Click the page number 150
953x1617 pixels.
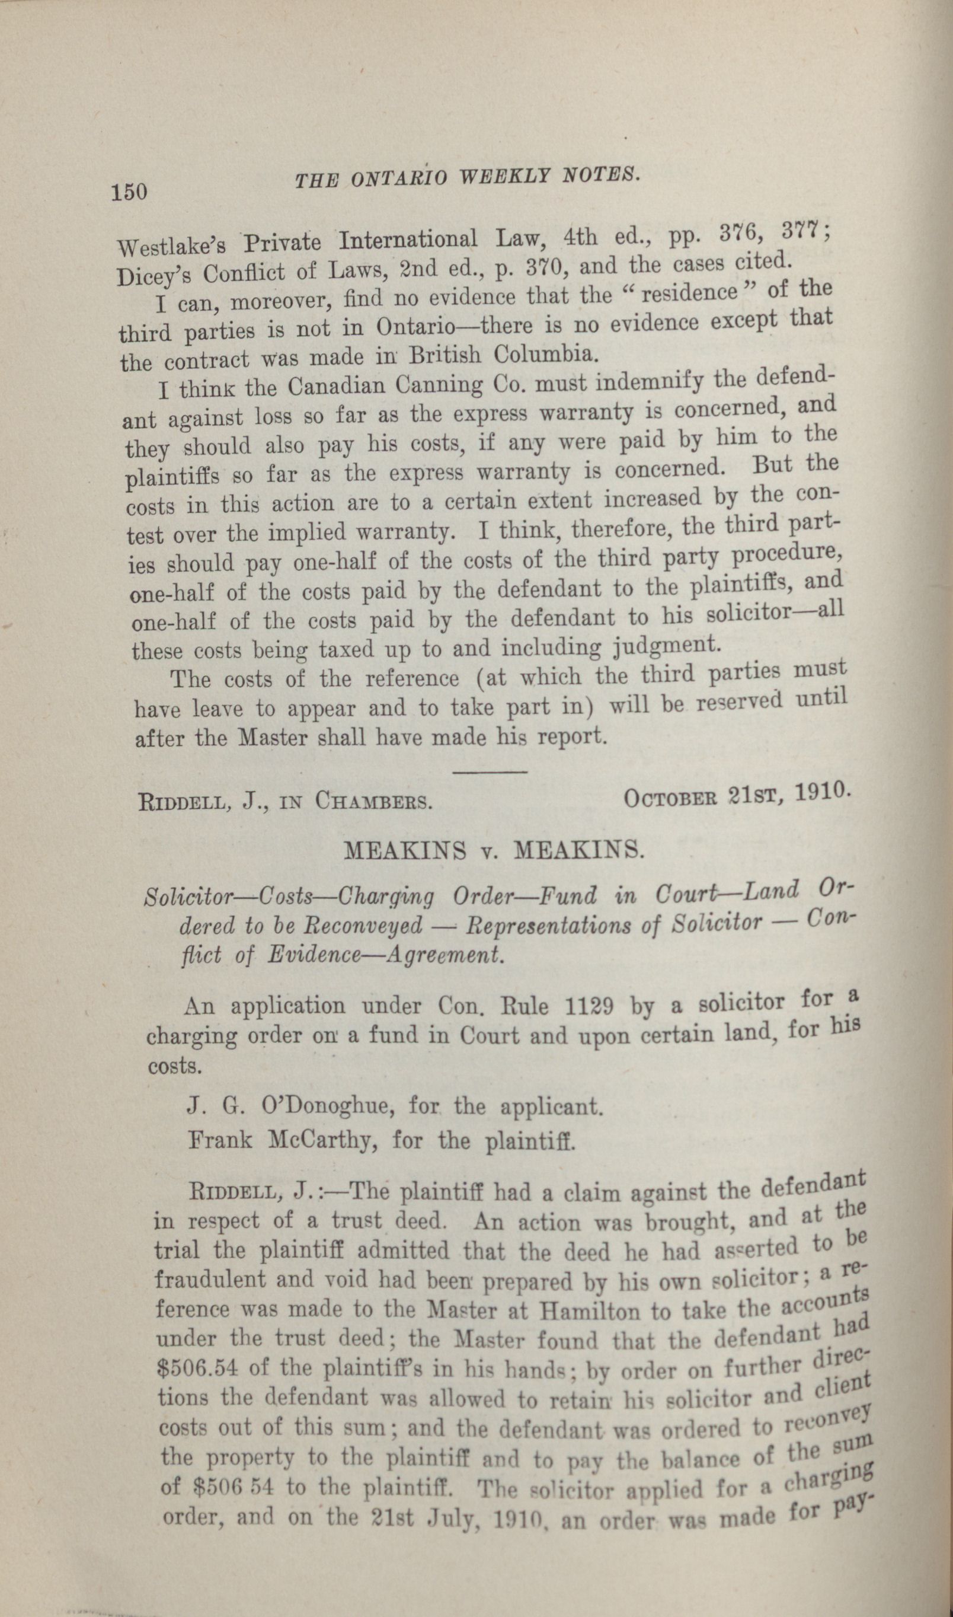[x=130, y=192]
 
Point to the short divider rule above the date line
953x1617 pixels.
[x=490, y=770]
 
